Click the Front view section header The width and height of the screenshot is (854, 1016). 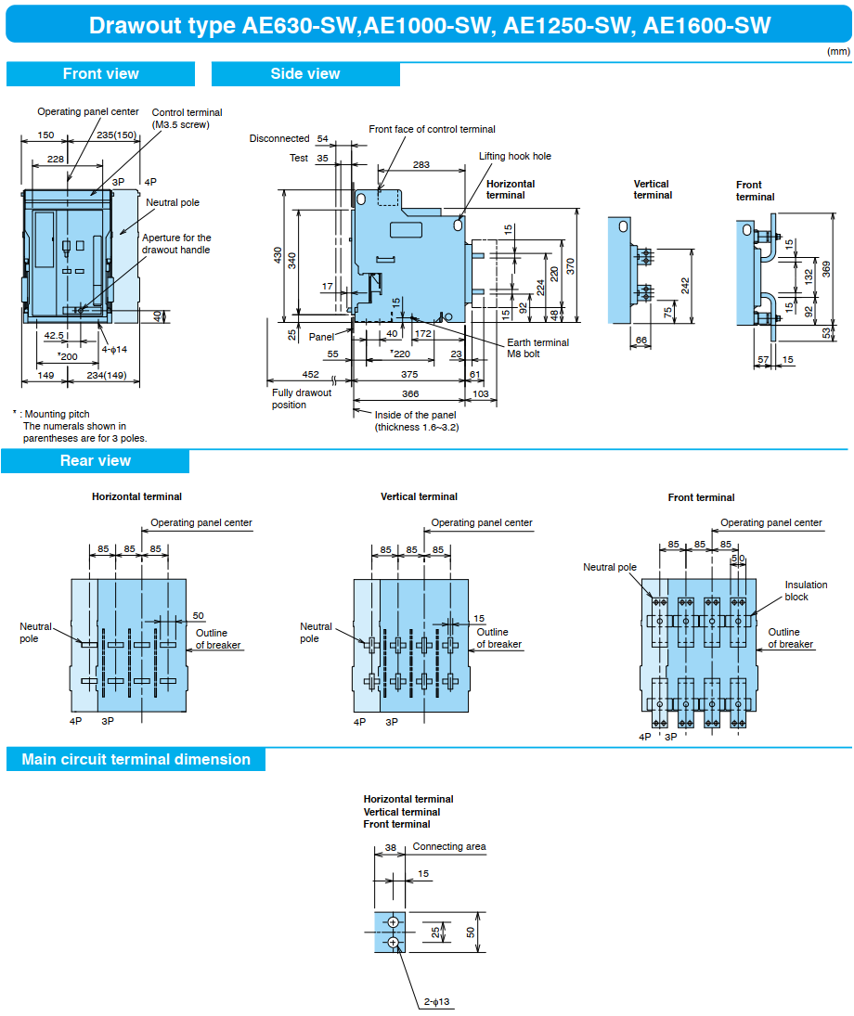pyautogui.click(x=100, y=74)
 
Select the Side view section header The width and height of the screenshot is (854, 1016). pyautogui.click(x=305, y=74)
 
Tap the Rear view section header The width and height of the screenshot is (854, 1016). pyautogui.click(x=96, y=461)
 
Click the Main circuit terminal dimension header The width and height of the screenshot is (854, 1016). pyautogui.click(x=136, y=760)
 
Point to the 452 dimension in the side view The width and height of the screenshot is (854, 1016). pyautogui.click(x=310, y=375)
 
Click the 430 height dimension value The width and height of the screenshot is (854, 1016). pyautogui.click(x=278, y=255)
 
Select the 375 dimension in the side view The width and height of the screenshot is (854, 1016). pyautogui.click(x=408, y=375)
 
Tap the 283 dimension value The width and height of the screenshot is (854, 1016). pyautogui.click(x=421, y=165)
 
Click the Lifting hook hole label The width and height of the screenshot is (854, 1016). pyautogui.click(x=514, y=156)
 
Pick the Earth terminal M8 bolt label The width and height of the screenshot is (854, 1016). pyautogui.click(x=537, y=348)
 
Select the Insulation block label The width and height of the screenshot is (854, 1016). pyautogui.click(x=806, y=590)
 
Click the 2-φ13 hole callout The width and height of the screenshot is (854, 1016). pyautogui.click(x=437, y=1002)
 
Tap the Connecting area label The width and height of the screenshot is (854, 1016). pyautogui.click(x=449, y=846)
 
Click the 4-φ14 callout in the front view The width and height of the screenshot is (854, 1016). pyautogui.click(x=113, y=349)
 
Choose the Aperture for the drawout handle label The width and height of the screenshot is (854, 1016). pyautogui.click(x=176, y=244)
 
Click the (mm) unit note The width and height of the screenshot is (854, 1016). pyautogui.click(x=838, y=51)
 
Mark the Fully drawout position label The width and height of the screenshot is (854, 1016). pyautogui.click(x=302, y=399)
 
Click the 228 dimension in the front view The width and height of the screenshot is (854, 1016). pyautogui.click(x=56, y=160)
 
